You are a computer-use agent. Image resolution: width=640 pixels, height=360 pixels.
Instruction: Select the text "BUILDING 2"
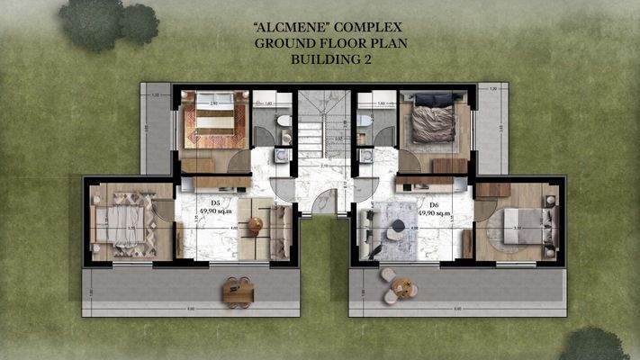[320, 58]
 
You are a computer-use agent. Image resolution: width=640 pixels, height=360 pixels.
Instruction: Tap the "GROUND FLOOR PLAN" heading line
[320, 42]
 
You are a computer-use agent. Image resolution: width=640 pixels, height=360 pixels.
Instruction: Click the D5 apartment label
[216, 203]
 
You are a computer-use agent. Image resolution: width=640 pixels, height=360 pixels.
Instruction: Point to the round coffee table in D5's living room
[256, 224]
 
